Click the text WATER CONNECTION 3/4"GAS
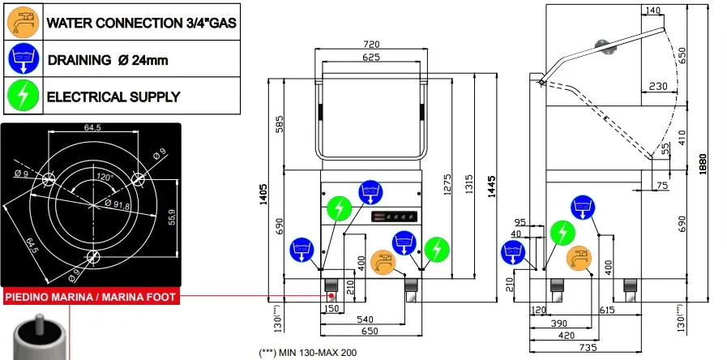point(141,23)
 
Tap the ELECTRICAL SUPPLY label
point(113,96)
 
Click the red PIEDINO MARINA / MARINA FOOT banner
point(91,298)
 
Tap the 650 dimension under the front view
point(369,332)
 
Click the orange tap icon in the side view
point(579,258)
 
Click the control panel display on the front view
point(392,216)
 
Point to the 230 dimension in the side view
point(658,86)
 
